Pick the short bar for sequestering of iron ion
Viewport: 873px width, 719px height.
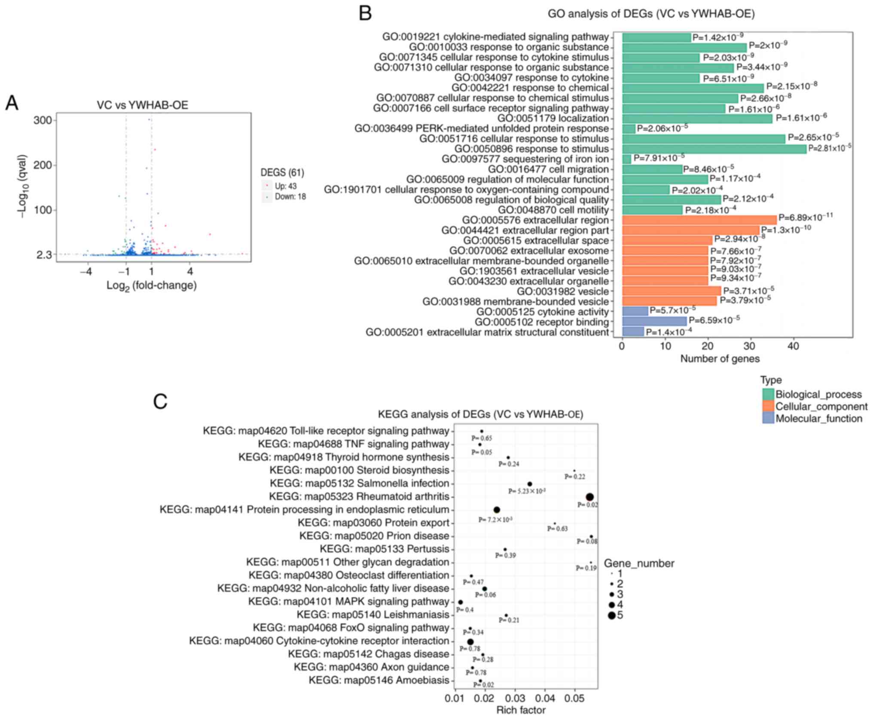626,159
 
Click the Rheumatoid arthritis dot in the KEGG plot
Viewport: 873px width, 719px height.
590,497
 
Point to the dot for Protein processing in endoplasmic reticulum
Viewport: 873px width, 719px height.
497,510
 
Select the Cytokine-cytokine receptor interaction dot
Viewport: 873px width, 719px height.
470,642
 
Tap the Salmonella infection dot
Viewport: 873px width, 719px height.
530,484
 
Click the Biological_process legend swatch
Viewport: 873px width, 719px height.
768,395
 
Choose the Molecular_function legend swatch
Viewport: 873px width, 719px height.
768,419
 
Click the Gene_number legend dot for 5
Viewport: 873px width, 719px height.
611,616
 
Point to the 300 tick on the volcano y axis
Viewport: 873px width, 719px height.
43,120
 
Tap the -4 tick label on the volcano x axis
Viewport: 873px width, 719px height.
86,272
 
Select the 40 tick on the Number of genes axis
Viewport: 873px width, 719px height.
793,346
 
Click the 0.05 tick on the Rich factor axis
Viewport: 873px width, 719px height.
575,698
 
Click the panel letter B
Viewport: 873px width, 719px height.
365,13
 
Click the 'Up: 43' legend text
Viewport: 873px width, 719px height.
286,186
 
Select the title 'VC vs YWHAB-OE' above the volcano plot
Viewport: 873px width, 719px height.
142,105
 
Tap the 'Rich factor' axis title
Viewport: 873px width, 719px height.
521,710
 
